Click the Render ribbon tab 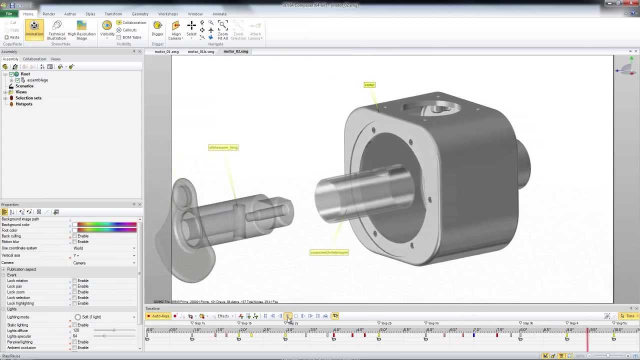pyautogui.click(x=48, y=14)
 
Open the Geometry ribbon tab pyautogui.click(x=140, y=14)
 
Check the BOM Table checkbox pyautogui.click(x=119, y=37)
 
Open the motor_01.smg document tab pyautogui.click(x=166, y=51)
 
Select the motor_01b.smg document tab pyautogui.click(x=201, y=51)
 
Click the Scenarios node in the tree pyautogui.click(x=24, y=86)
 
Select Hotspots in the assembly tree pyautogui.click(x=23, y=104)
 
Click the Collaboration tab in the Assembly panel pyautogui.click(x=34, y=59)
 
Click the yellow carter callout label pyautogui.click(x=369, y=85)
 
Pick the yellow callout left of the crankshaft pyautogui.click(x=223, y=147)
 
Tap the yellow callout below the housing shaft pyautogui.click(x=329, y=252)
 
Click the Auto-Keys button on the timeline pyautogui.click(x=158, y=316)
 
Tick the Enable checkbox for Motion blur pyautogui.click(x=75, y=242)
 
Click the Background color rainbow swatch pyautogui.click(x=106, y=225)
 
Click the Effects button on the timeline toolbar pyautogui.click(x=223, y=316)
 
